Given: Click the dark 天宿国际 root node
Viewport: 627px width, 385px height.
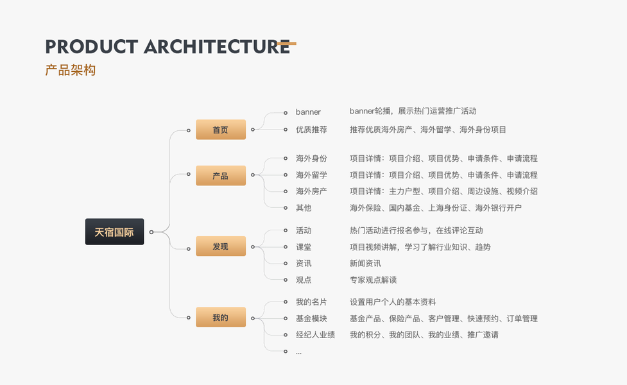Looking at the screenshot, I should [x=114, y=232].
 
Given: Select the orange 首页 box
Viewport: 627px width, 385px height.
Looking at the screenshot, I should [x=220, y=130].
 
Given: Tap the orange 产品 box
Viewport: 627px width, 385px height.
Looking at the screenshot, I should [x=220, y=175].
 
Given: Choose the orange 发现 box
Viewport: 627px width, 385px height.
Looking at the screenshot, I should [x=220, y=246].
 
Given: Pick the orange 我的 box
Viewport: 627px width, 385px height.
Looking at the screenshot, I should [x=220, y=318].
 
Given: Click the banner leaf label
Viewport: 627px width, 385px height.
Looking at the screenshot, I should [x=308, y=112].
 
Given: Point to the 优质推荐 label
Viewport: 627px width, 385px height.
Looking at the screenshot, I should [x=311, y=130].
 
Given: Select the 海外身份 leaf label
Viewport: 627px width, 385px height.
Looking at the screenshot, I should [x=311, y=158].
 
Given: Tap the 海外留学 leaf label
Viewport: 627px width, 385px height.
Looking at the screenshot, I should [x=311, y=175].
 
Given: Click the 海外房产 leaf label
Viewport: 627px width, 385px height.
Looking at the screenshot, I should [x=311, y=191].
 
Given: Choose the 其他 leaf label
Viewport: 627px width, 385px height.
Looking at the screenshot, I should [x=304, y=208].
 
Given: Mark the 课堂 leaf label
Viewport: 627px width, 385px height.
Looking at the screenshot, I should [x=304, y=247].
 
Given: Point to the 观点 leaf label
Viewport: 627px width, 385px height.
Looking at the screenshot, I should [x=304, y=280].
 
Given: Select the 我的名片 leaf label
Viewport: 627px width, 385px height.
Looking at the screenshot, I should [x=311, y=302].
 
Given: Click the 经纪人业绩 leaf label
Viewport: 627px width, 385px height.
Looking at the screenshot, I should [x=315, y=335].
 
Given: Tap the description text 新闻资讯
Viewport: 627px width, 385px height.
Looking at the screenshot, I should [x=365, y=264].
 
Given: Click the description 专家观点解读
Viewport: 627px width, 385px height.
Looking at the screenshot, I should [x=373, y=280].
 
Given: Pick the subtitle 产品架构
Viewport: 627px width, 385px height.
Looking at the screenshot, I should [x=71, y=71].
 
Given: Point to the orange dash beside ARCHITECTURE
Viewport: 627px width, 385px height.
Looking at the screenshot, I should [x=288, y=44].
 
